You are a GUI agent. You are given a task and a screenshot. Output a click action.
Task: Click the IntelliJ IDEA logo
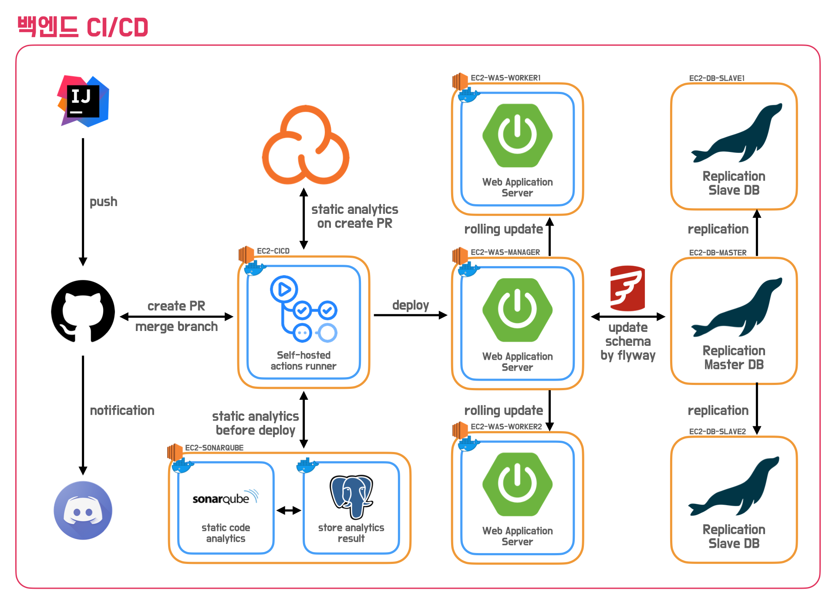(83, 101)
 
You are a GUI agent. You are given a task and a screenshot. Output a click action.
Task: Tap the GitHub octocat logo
(83, 311)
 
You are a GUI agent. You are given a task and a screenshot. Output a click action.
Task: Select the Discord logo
(83, 510)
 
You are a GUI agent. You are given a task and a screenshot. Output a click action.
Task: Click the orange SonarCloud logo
(305, 145)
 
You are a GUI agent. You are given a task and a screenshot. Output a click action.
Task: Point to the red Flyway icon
(627, 288)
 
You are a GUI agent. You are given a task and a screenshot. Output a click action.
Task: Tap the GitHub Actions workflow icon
(303, 309)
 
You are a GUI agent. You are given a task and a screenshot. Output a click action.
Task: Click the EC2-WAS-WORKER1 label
(506, 78)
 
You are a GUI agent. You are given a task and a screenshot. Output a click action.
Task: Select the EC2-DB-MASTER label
(718, 253)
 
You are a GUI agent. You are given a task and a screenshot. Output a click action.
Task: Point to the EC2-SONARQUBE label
(214, 448)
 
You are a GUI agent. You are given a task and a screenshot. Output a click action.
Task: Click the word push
(103, 202)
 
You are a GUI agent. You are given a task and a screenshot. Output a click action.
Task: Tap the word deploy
(410, 305)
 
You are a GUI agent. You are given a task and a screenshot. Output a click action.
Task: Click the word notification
(122, 411)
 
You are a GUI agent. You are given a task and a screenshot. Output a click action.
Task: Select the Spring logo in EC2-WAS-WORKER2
(517, 484)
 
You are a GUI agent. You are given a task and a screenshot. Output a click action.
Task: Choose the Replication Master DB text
(734, 358)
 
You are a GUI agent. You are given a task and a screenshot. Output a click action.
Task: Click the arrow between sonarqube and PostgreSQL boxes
(289, 510)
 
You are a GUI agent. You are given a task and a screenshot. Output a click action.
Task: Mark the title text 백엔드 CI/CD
(83, 27)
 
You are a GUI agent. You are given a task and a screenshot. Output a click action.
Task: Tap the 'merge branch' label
(176, 327)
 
